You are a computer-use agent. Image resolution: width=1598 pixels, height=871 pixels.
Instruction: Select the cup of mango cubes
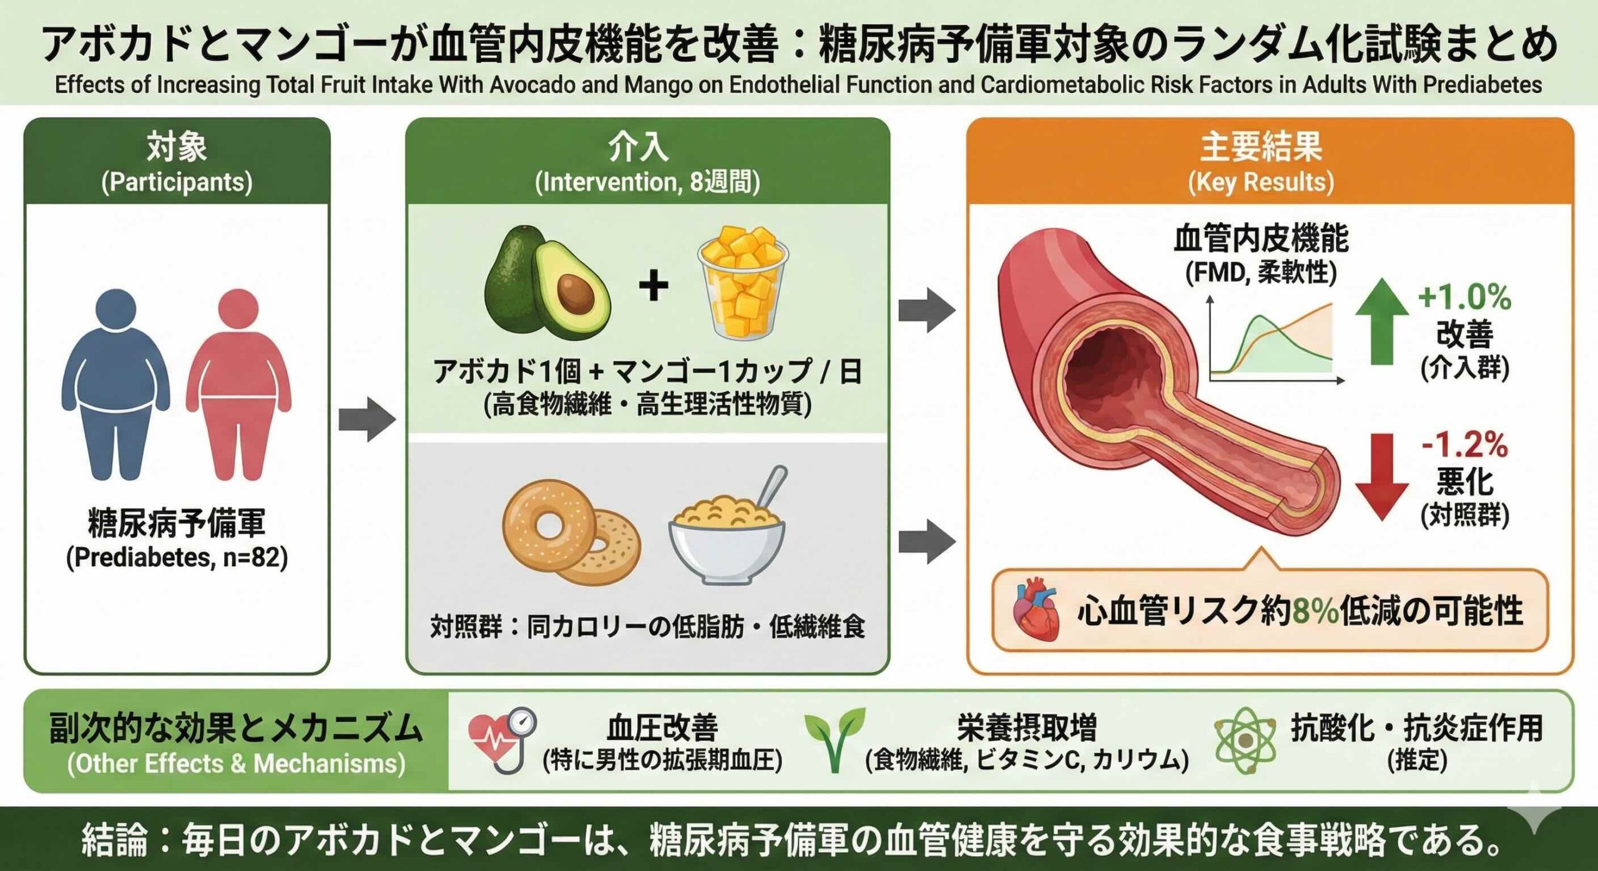tap(742, 284)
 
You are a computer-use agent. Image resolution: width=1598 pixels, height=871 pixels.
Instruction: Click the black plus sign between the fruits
tap(654, 287)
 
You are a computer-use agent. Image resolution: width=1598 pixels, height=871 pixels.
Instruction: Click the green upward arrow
tap(1381, 321)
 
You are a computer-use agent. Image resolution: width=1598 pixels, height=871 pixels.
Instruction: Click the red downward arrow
tap(1381, 477)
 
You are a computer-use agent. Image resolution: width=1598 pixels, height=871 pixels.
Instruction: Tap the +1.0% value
tap(1464, 297)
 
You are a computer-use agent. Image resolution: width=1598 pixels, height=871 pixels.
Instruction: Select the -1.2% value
tap(1464, 445)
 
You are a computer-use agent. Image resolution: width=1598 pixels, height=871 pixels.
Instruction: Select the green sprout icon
tap(835, 739)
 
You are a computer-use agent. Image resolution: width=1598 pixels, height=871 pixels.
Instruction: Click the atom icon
tap(1245, 741)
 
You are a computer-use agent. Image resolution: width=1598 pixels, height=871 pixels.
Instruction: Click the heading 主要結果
tap(1261, 147)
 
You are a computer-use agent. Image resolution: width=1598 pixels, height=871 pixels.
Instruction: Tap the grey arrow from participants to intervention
tap(367, 419)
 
